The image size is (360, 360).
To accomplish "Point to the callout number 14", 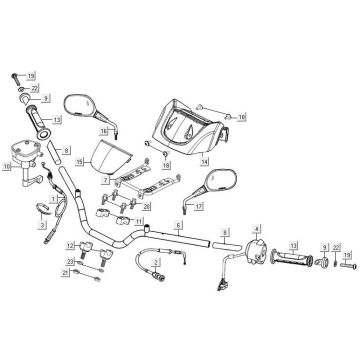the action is click(205, 160).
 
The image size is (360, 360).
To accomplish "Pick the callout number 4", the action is click(256, 232).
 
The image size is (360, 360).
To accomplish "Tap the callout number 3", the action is click(43, 226).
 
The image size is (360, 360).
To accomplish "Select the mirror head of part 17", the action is click(215, 184).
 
